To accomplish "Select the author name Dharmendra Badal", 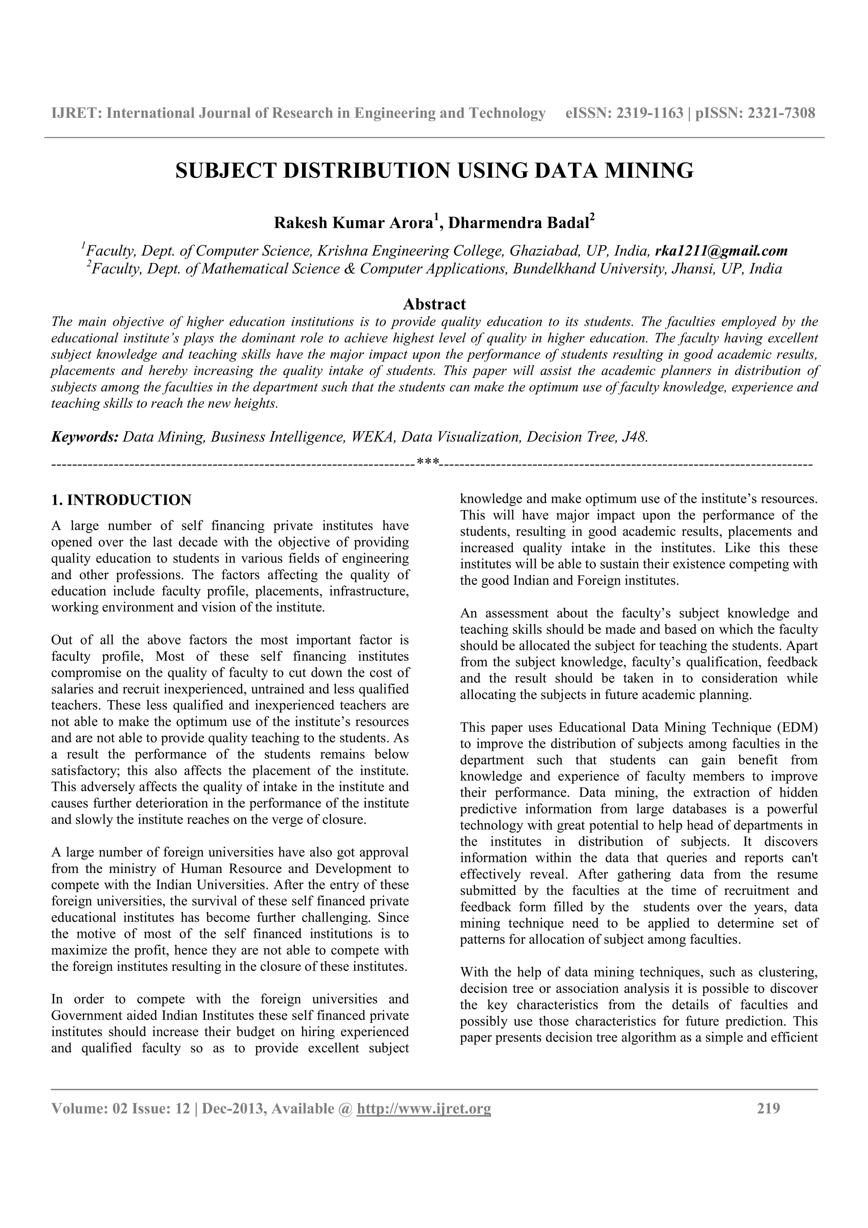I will pos(517,223).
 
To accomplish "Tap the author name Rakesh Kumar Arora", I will pos(353,223).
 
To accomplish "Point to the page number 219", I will pos(768,1109).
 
